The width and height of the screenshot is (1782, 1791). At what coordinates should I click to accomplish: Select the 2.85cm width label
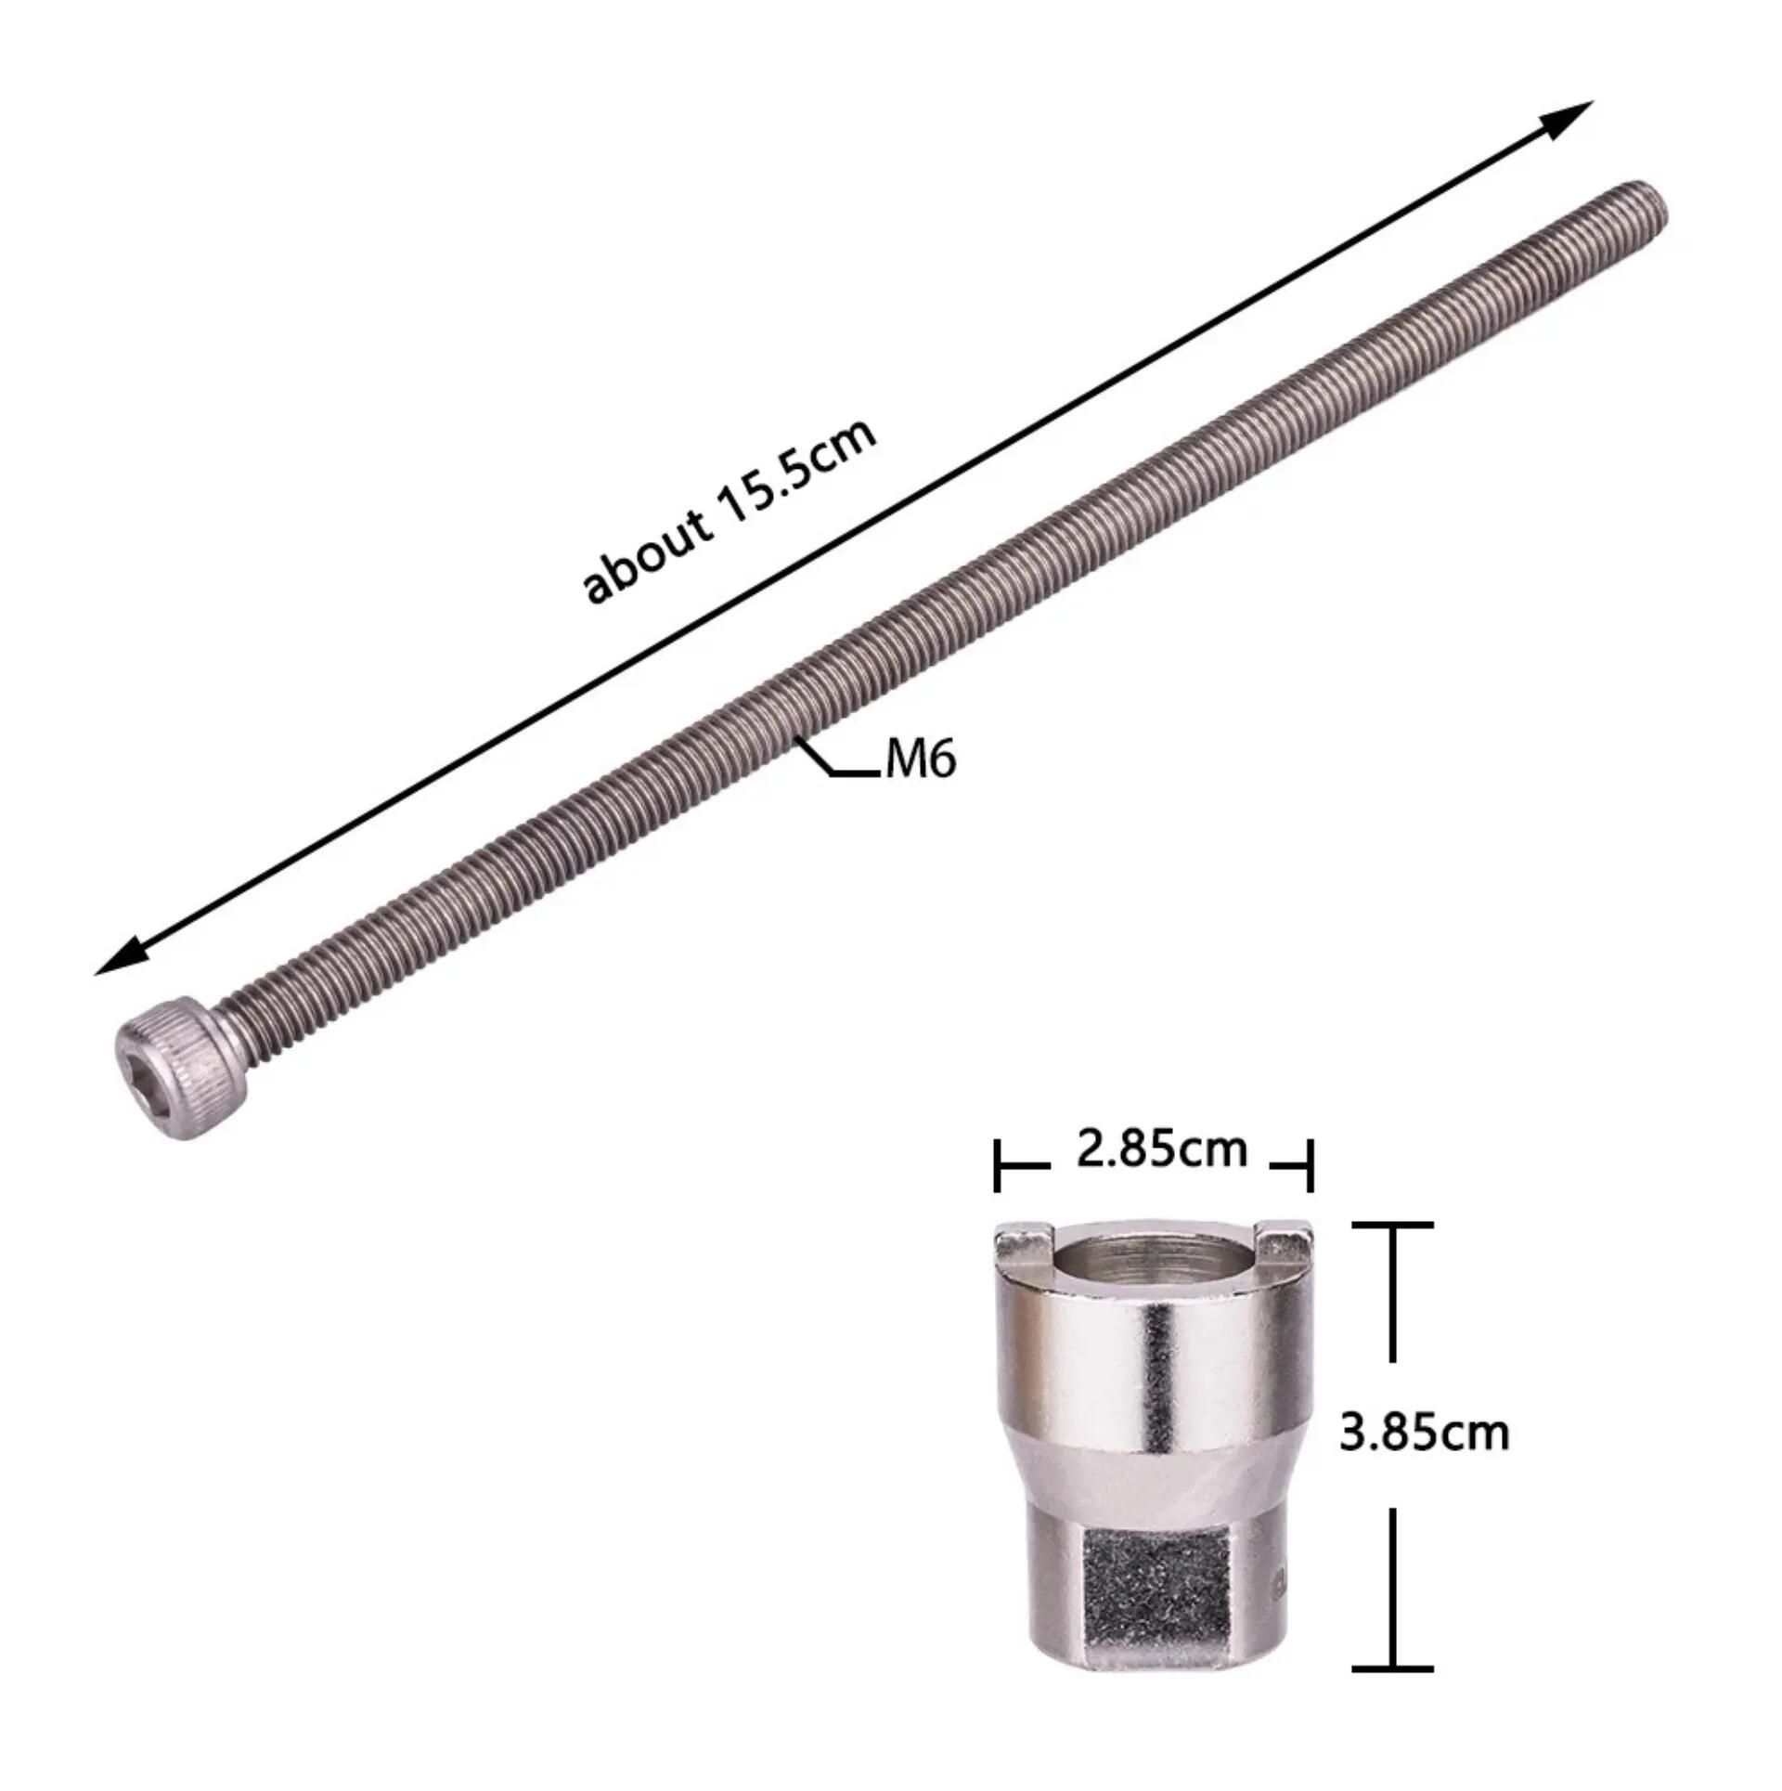click(1162, 1150)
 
